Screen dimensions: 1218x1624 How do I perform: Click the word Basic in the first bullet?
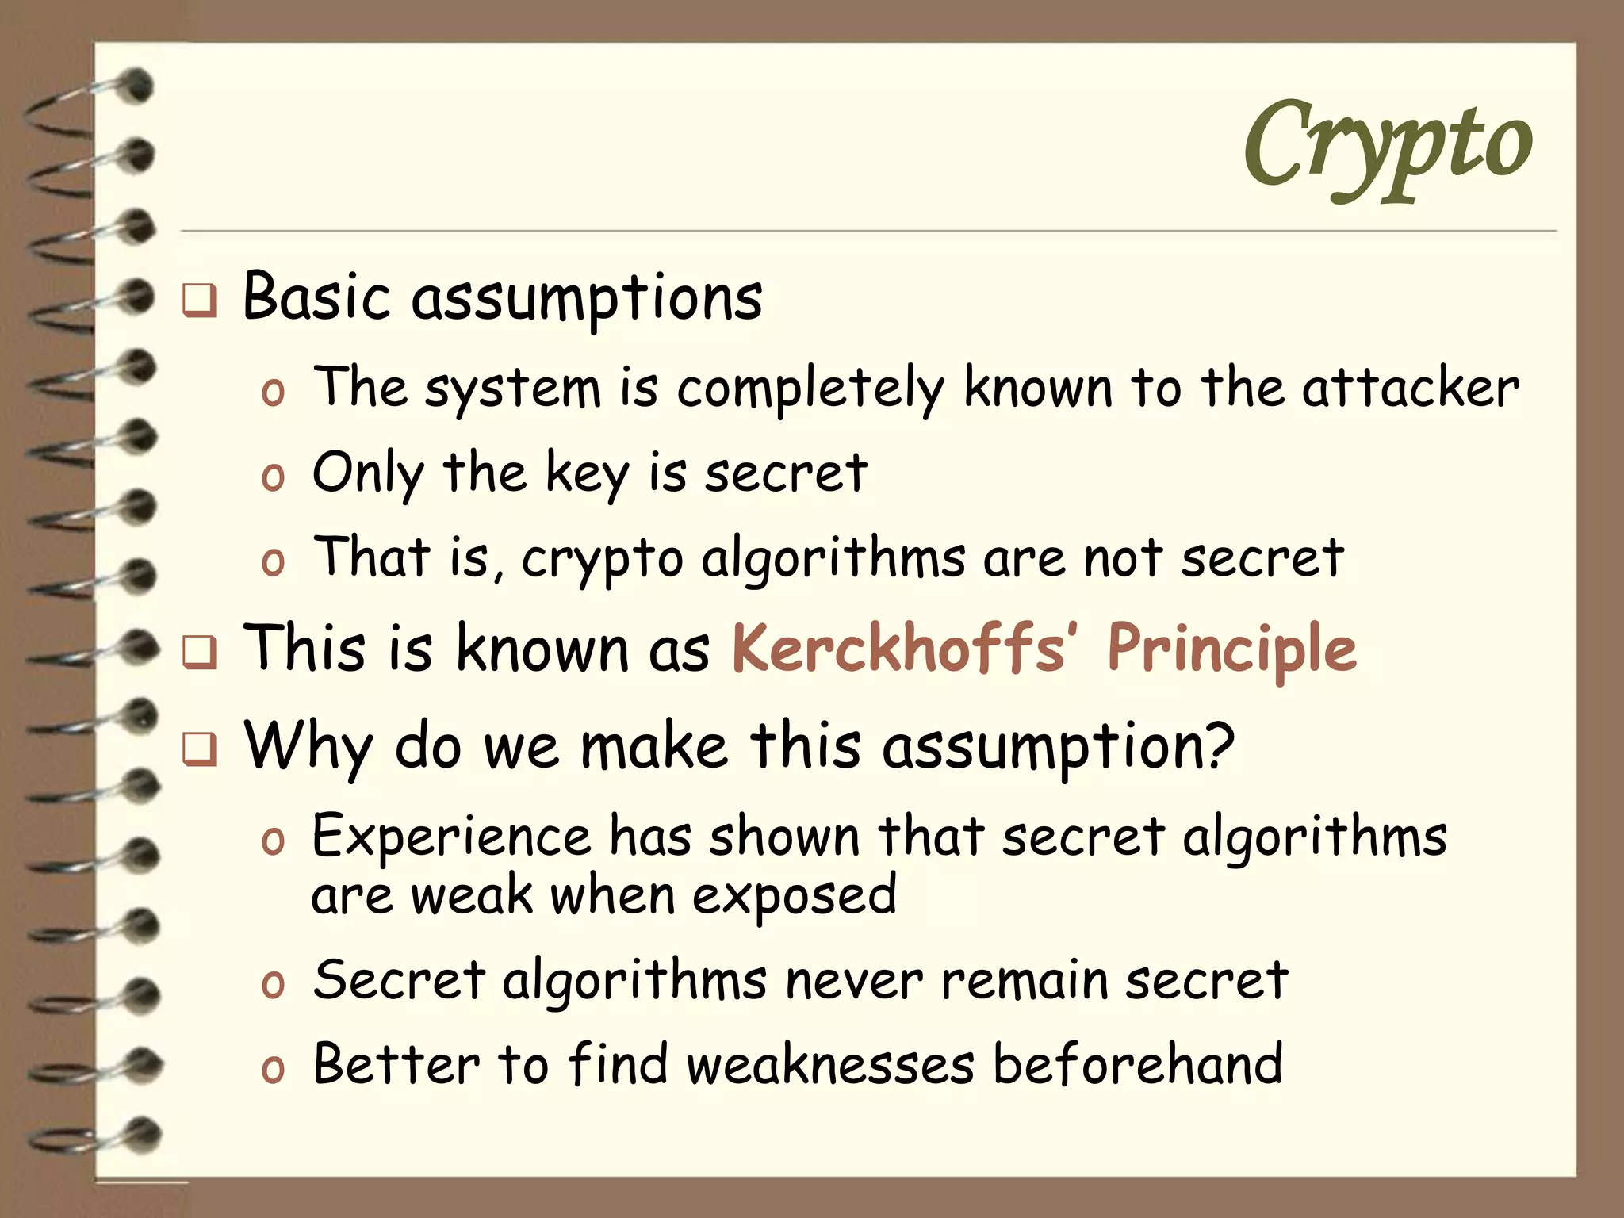click(x=316, y=297)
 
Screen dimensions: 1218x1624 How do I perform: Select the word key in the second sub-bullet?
click(x=586, y=473)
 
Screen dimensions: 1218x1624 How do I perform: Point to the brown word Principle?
click(x=1231, y=649)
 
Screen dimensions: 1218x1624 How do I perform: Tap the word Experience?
click(x=451, y=837)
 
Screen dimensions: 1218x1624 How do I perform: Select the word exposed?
click(x=794, y=897)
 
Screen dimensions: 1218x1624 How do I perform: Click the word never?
click(x=853, y=981)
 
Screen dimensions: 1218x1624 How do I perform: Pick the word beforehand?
click(x=1137, y=1065)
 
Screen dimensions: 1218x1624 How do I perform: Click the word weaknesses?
click(x=829, y=1065)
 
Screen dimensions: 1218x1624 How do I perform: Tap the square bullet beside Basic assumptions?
click(x=199, y=301)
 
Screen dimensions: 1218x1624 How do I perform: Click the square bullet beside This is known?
click(x=199, y=653)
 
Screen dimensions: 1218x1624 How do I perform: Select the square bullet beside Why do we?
click(x=199, y=749)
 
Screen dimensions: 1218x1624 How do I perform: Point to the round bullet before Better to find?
click(x=272, y=1069)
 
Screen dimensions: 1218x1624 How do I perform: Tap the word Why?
click(x=308, y=746)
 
